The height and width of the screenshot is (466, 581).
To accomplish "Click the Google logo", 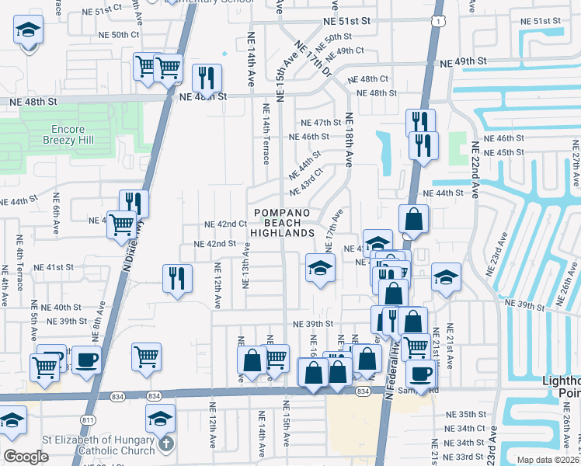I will tap(26, 457).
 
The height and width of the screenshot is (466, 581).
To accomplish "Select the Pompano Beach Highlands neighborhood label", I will tap(281, 223).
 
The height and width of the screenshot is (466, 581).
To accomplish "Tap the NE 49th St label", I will tap(464, 61).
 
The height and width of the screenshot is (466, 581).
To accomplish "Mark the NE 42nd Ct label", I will tap(225, 224).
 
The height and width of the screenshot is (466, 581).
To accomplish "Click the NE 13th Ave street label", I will tap(246, 265).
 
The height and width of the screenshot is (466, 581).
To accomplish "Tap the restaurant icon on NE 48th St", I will tap(207, 78).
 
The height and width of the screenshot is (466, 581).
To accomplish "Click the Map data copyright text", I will tap(547, 460).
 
